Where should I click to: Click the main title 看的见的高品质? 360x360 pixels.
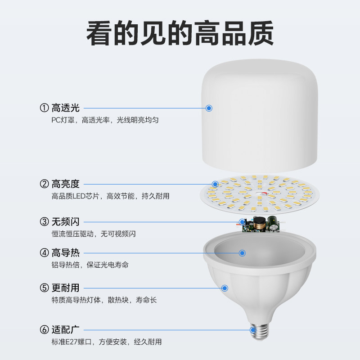point(180,33)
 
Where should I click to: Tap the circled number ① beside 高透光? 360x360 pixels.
point(44,108)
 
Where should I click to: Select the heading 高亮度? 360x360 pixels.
point(66,184)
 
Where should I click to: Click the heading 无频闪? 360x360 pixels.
point(66,221)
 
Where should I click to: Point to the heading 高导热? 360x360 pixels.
point(66,253)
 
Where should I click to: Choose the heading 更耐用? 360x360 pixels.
point(66,288)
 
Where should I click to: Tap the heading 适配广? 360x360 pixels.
point(66,330)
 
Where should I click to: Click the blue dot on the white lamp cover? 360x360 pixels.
point(209,108)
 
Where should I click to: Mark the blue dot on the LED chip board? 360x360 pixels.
point(215,184)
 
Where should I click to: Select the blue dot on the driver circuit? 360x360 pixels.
point(242,221)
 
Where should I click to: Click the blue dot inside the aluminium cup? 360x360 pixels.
point(242,253)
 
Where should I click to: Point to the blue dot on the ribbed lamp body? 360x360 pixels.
point(225,288)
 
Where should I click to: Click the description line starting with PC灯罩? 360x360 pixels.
point(105,120)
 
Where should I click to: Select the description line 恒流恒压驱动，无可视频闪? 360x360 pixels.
point(94,234)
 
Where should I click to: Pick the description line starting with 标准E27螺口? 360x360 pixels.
point(107,342)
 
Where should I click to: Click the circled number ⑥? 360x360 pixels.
point(44,330)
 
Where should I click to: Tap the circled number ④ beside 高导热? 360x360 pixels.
point(44,253)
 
